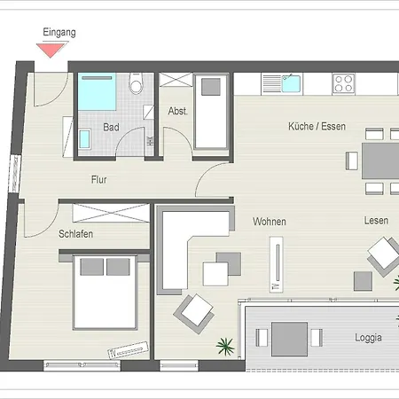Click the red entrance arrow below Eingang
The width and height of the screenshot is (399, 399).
coord(51,50)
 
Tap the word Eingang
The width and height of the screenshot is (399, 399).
coord(59,32)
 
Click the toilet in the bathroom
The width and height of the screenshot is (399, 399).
coord(137,83)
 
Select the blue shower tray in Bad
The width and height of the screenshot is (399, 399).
coord(97,92)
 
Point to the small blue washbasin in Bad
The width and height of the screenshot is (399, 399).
coord(84,139)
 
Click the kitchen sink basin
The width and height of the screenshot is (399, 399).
coord(291,83)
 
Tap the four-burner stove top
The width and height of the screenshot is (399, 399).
coord(343,83)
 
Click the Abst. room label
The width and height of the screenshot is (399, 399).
coord(177,111)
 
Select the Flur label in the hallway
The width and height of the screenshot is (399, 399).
coord(99,179)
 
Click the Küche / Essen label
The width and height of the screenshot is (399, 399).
coord(317,127)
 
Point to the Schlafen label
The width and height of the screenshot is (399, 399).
coord(75,234)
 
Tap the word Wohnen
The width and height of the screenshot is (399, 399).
coord(270,222)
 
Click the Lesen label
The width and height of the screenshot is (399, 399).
coord(376,221)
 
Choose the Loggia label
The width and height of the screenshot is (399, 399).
coord(368,338)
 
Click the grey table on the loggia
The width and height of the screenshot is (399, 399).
coord(289,339)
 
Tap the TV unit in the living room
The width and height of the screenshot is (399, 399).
coord(277,264)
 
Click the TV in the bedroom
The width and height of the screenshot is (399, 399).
coord(128,350)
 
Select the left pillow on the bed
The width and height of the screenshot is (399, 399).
coord(92,267)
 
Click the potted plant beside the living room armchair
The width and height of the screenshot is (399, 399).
coord(225,346)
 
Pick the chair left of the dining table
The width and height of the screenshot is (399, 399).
coord(352,160)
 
